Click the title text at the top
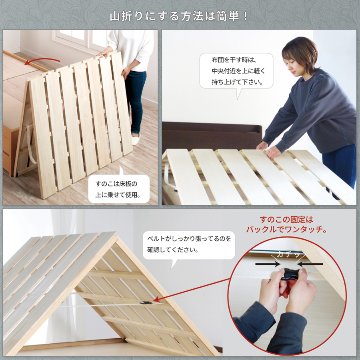[x=180, y=16]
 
